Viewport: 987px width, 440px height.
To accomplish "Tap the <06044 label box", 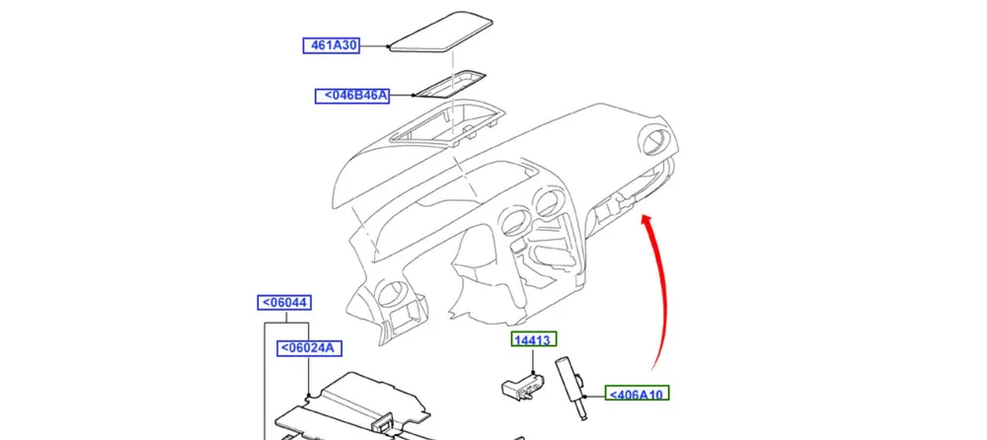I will tap(283, 303).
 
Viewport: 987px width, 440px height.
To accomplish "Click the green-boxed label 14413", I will tap(533, 340).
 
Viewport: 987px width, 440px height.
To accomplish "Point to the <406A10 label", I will tap(638, 395).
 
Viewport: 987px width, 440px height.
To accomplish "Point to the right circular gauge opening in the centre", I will tap(546, 205).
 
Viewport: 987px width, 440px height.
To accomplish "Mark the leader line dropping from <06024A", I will tap(310, 375).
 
